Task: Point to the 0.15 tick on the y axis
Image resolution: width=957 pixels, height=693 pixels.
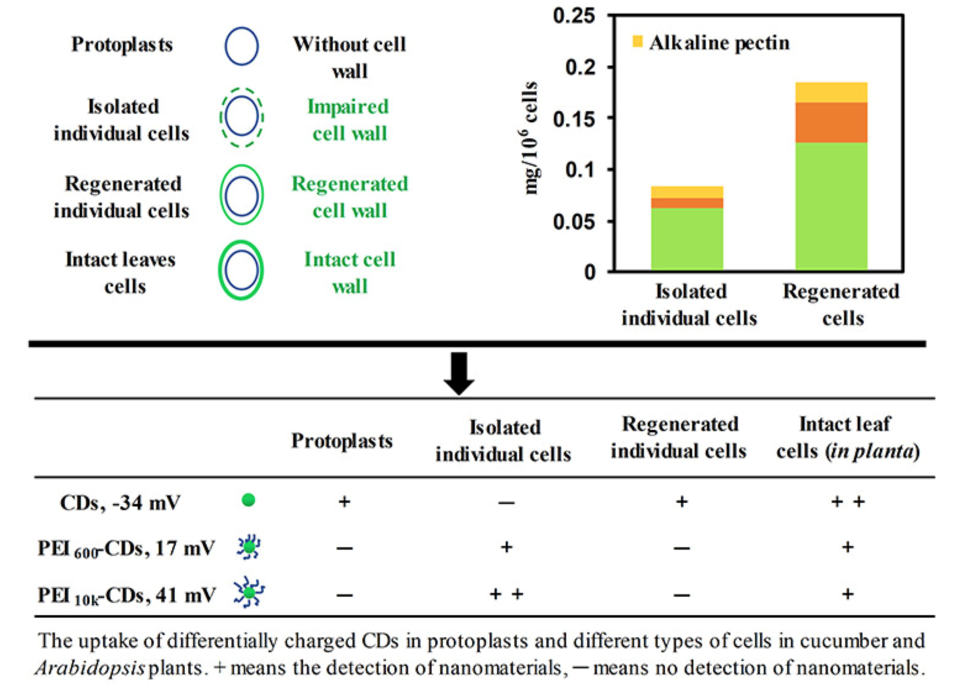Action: pos(574,119)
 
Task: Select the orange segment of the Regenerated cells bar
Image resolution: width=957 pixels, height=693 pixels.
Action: pos(831,122)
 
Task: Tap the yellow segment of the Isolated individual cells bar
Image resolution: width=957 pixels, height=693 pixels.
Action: pos(687,192)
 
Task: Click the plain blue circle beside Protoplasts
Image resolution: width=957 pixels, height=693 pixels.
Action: pos(241,46)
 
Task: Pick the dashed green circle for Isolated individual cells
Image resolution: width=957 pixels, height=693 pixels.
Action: pos(241,117)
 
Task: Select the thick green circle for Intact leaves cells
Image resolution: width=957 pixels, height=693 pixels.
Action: pos(241,270)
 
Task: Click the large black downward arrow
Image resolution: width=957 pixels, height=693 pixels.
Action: pos(459,373)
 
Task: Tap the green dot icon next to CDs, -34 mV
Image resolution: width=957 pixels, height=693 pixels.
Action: pos(248,500)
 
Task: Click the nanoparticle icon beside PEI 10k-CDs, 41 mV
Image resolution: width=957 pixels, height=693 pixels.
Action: pos(249,593)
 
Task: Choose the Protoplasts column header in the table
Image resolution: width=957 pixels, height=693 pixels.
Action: pos(341,441)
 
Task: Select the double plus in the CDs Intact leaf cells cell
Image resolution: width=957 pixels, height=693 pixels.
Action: pos(848,502)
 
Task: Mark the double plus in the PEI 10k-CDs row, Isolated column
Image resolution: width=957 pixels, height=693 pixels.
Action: pos(506,594)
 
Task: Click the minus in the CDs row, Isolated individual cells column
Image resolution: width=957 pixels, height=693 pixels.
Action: pos(506,503)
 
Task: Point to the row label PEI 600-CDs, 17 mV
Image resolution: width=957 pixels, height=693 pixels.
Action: pos(127,548)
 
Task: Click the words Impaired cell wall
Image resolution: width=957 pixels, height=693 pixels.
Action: pos(349,120)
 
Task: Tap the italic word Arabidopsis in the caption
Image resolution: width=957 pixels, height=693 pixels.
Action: pos(90,668)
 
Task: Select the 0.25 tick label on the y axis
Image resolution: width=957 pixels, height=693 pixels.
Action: pos(574,16)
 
